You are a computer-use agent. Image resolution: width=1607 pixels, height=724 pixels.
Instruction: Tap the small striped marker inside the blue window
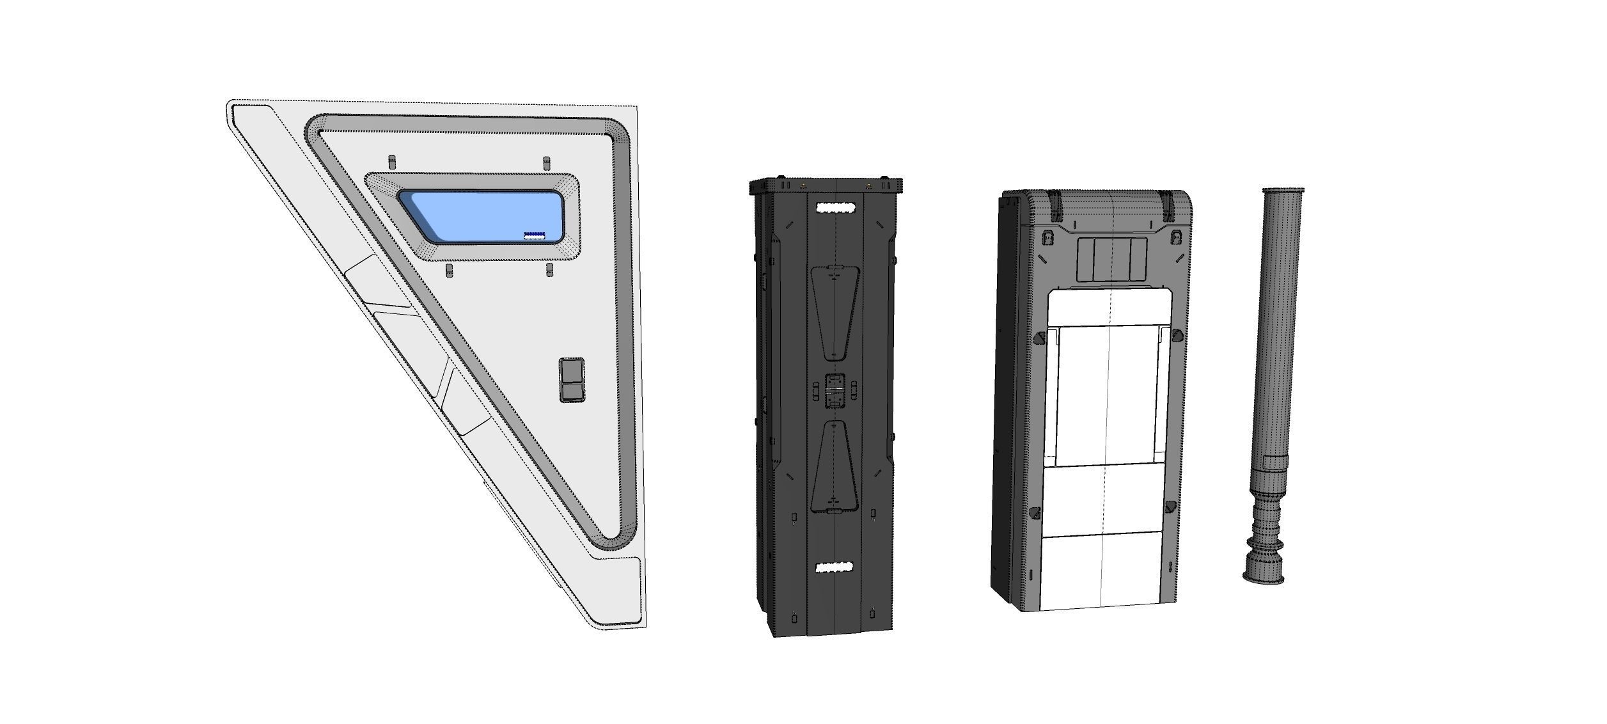coord(535,236)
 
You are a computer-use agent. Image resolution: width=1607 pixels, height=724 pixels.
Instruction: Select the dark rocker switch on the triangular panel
coord(572,380)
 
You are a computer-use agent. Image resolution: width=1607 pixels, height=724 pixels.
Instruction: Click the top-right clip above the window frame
coord(546,162)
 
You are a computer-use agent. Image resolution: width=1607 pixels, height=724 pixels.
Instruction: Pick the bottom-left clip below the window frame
coord(449,270)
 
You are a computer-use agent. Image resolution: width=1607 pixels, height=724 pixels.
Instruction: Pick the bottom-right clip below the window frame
coord(549,269)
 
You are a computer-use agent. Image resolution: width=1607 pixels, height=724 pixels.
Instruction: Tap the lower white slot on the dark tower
coord(835,567)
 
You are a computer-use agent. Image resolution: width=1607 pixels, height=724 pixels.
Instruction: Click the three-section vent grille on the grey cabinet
coord(1111,259)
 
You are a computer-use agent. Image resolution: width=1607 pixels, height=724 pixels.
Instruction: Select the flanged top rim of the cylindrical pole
coord(1283,191)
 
